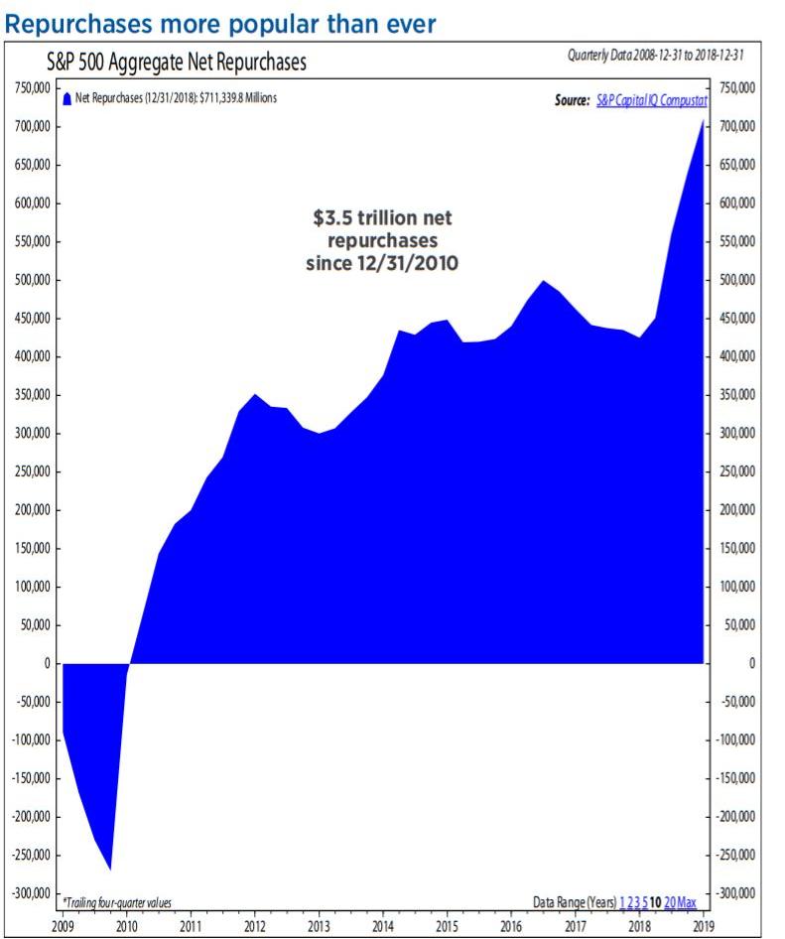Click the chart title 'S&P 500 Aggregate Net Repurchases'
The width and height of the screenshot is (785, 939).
tap(177, 63)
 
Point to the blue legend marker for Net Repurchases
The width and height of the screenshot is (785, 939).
tap(66, 99)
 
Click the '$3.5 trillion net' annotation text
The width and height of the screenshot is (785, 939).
tap(382, 218)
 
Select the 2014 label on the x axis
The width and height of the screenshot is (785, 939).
tap(383, 926)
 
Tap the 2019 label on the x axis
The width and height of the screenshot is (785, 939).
tap(704, 926)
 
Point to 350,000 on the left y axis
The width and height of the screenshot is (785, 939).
tap(34, 395)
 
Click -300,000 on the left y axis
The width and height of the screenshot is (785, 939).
tap(32, 893)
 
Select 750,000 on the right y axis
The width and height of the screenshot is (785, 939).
tap(736, 88)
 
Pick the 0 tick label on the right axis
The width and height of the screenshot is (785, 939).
tap(752, 663)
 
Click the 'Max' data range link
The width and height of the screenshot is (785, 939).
tap(687, 902)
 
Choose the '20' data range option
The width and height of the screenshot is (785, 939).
tap(670, 902)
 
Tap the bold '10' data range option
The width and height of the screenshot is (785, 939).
tap(655, 902)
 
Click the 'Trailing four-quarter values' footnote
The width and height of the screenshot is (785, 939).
tap(117, 902)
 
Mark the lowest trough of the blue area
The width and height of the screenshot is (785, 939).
tap(110, 868)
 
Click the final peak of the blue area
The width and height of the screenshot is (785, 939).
tap(704, 120)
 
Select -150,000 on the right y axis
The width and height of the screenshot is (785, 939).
tap(736, 778)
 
